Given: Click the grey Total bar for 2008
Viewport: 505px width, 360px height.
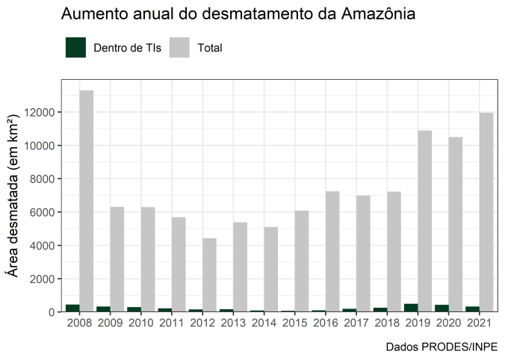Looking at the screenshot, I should click(86, 201).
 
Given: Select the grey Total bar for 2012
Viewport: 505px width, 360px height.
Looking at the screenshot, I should click(209, 275).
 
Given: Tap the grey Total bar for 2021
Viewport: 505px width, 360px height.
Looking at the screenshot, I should click(487, 212).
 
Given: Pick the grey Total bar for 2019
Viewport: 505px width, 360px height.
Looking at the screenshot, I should click(425, 221).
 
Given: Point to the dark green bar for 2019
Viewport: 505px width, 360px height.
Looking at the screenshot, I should click(411, 308).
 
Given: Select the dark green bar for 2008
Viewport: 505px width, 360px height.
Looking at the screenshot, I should click(72, 308).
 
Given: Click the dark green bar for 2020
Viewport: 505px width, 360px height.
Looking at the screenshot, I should click(442, 308).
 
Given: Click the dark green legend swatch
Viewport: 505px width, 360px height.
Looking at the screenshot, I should click(76, 48).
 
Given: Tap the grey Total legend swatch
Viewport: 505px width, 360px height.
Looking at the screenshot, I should click(179, 48).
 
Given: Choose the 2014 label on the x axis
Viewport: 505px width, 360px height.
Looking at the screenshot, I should click(264, 323).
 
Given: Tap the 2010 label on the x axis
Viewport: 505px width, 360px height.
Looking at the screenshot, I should click(141, 323).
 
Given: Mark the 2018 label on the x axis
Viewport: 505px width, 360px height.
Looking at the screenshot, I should click(388, 323).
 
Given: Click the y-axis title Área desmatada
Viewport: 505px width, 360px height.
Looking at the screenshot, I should click(13, 196).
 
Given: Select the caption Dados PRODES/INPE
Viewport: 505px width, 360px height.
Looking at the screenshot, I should click(442, 347).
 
